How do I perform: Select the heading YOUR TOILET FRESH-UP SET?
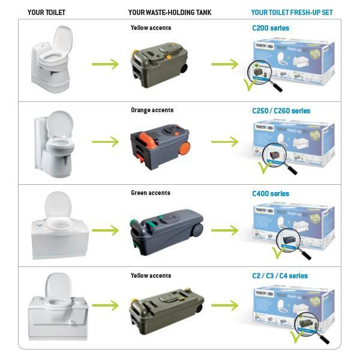point(292,12)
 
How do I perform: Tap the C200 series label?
point(271,28)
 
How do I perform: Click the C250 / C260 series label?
point(281,111)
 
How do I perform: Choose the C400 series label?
point(271,194)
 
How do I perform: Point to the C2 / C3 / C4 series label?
point(280,276)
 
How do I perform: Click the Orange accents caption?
point(152,110)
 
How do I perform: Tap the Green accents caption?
point(151,193)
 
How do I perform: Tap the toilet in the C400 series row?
point(59,225)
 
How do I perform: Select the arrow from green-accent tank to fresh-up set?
point(225,230)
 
